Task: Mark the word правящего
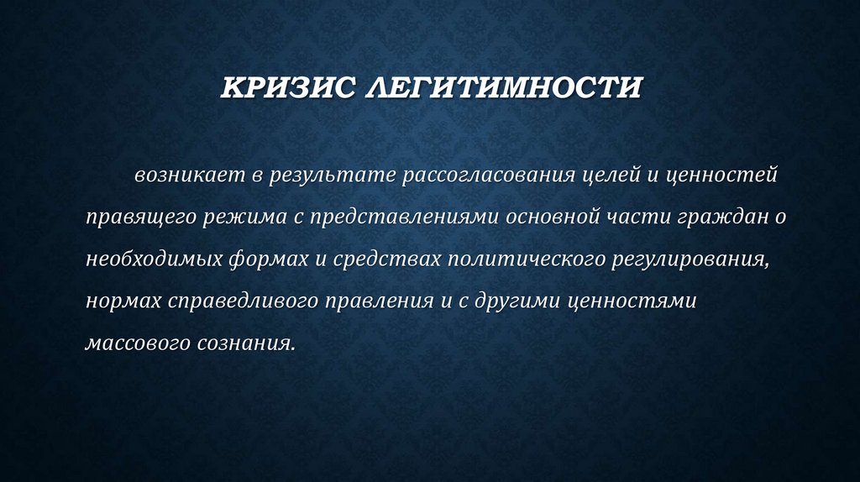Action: (x=139, y=218)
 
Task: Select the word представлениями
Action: (x=405, y=218)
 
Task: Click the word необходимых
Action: (x=153, y=259)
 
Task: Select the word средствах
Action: (x=375, y=259)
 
